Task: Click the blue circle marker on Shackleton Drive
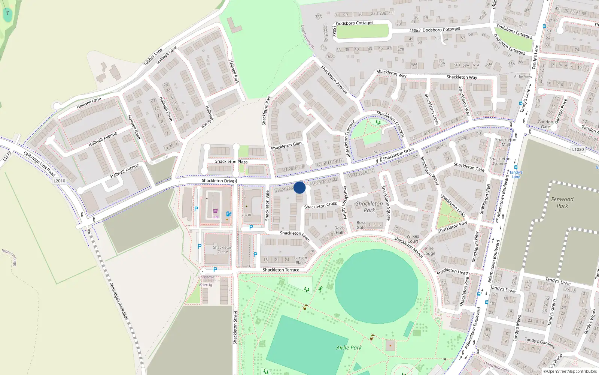coord(299,187)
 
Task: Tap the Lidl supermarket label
coord(216,217)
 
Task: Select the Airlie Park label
coord(349,348)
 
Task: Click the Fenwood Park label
coord(562,202)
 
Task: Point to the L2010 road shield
coord(59,181)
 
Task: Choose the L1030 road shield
coord(578,149)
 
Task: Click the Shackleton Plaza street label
coord(231,162)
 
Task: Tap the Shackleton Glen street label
coord(286,146)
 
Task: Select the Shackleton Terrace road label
coord(281,270)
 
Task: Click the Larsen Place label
coord(301,260)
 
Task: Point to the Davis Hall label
coord(339,230)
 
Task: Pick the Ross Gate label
coord(361,225)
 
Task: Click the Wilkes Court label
coord(413,238)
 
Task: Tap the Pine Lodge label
coord(429,251)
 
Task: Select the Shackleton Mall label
coord(505,142)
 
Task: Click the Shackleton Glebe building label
coord(223,250)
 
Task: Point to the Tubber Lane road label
coord(153,57)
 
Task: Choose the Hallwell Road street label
coord(134,127)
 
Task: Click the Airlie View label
coord(523,76)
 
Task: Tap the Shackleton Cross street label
coord(320,205)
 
